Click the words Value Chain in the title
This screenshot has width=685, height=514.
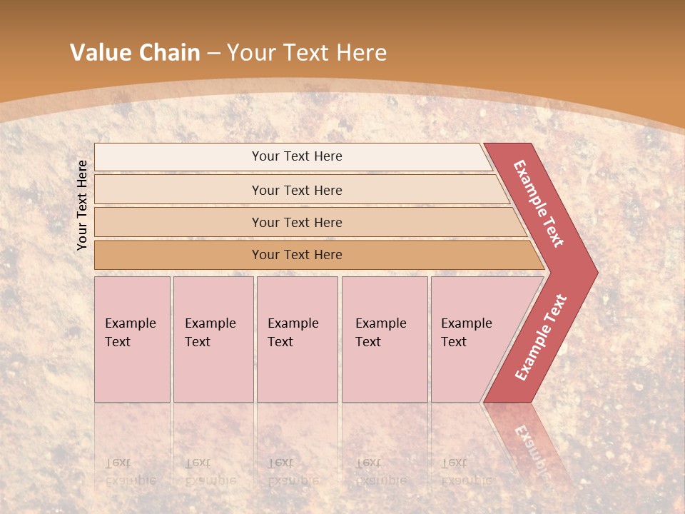point(135,53)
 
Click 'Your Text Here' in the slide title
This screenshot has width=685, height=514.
point(307,53)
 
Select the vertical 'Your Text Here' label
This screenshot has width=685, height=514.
point(82,205)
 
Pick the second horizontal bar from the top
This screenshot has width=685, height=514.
point(297,190)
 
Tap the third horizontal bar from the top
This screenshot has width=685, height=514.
point(297,222)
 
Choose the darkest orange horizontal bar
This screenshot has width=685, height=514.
point(297,255)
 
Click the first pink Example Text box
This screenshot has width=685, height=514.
point(132,339)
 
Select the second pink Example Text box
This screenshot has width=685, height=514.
point(213,339)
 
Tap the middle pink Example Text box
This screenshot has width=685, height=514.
point(297,339)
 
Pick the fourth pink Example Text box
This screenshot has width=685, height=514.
point(385,339)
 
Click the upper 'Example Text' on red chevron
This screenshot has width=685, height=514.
point(539,203)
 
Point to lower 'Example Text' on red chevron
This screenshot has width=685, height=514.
point(541,338)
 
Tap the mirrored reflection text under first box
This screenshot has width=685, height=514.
point(130,472)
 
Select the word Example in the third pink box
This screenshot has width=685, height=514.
point(293,323)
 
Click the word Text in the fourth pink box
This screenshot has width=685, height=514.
point(368,342)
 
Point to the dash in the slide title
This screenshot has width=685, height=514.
point(213,53)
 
